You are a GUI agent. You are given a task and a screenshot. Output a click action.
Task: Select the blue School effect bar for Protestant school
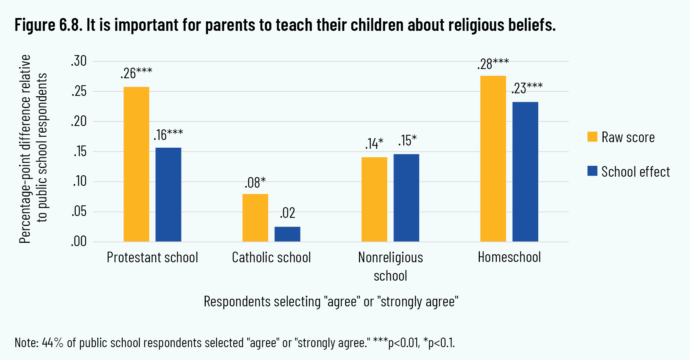(168, 195)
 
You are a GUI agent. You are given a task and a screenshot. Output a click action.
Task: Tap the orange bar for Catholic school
(255, 217)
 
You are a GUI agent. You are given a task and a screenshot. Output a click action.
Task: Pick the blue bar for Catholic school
(287, 234)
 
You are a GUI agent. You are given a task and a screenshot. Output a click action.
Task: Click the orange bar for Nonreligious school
(374, 199)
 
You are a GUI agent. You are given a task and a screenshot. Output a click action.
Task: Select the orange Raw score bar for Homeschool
(493, 159)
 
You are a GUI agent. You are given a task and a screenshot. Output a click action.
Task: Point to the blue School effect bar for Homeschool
(525, 172)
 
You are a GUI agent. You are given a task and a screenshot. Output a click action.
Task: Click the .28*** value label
(493, 64)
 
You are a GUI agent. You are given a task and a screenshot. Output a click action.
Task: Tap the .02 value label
(287, 213)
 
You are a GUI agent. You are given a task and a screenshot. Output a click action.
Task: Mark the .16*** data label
(168, 135)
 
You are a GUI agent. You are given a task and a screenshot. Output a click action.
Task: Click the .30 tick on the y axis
(79, 61)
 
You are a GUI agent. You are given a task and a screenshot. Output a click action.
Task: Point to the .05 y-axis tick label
(79, 212)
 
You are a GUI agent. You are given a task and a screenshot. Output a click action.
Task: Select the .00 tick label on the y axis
(79, 242)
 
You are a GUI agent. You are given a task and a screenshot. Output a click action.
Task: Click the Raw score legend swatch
(592, 137)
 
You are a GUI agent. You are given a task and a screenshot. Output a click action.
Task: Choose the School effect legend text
(636, 172)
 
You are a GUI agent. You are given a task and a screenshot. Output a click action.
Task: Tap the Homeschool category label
(509, 257)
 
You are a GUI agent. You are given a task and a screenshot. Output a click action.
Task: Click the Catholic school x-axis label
(271, 258)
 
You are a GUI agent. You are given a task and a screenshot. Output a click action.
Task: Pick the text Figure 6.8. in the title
(48, 25)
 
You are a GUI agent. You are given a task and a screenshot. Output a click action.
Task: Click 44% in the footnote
(53, 342)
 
